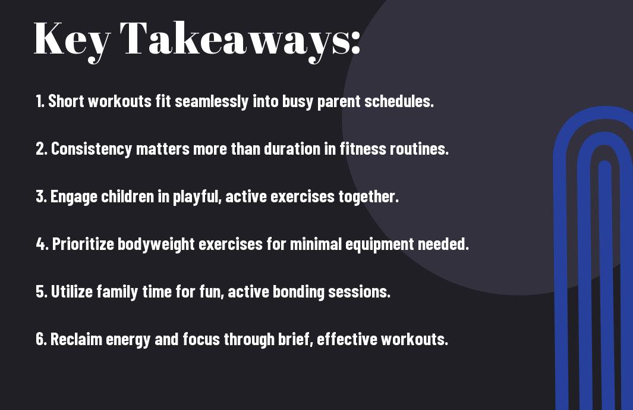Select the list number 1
point(40,101)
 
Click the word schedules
point(399,101)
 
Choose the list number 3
point(41,196)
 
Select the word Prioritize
point(83,244)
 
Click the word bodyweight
point(156,245)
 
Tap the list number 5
point(41,292)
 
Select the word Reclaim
point(76,339)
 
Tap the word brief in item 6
point(295,339)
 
